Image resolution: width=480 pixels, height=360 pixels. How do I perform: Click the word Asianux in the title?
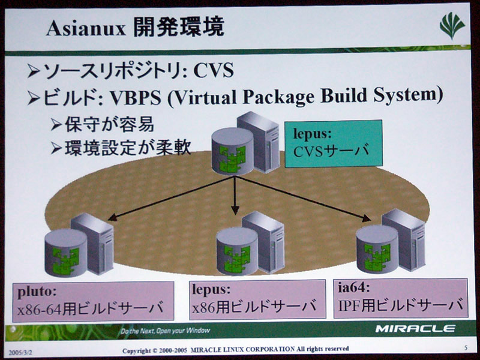(x=86, y=29)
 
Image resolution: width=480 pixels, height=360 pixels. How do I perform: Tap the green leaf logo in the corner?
(x=452, y=26)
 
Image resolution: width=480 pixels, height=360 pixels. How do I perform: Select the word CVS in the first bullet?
(x=214, y=71)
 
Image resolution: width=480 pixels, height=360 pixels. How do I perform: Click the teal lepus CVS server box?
(x=334, y=143)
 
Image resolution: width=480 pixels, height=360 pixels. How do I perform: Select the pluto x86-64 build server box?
(x=93, y=301)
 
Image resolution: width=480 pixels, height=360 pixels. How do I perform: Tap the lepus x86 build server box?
(x=257, y=299)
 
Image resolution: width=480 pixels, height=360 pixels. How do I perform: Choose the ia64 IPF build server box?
(x=401, y=298)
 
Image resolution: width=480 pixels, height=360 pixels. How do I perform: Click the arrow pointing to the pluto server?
(x=172, y=198)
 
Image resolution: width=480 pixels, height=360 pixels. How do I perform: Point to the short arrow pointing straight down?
(x=235, y=196)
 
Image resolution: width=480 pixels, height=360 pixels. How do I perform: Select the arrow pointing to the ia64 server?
(x=303, y=199)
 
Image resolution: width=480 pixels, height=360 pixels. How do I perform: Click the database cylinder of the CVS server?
(x=233, y=151)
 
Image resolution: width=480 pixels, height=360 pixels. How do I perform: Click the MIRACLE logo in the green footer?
(x=415, y=329)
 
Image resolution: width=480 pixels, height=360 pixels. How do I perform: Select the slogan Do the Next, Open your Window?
(x=166, y=331)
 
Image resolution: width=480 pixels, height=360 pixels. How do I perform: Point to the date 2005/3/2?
(x=20, y=353)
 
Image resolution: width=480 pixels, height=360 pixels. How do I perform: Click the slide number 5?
(x=466, y=348)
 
